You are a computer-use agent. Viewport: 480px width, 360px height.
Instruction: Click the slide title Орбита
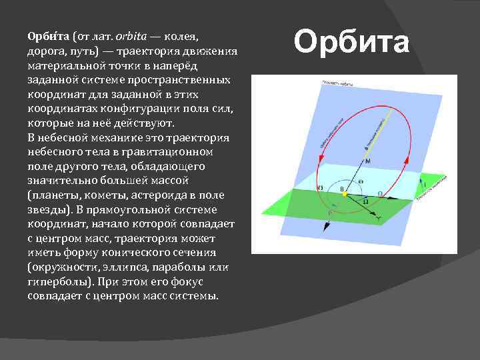point(351,43)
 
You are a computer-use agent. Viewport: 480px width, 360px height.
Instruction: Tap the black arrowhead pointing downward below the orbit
point(325,227)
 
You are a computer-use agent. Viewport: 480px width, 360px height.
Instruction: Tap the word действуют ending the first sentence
point(142,123)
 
